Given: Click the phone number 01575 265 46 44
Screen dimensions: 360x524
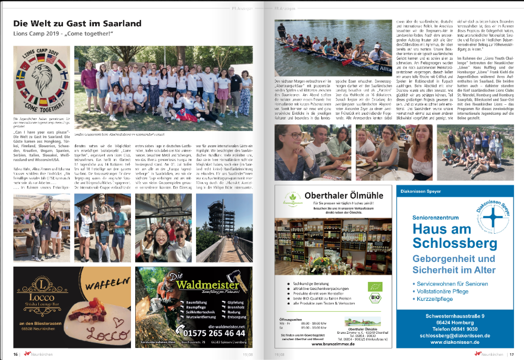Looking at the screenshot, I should coord(211,333).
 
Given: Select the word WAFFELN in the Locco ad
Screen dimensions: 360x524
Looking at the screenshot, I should coord(109,288).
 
